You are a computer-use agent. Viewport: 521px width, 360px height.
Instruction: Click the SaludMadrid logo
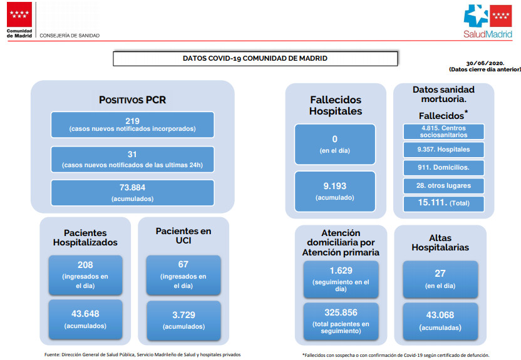point(488,21)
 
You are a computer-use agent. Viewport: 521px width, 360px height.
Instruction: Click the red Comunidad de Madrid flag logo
point(19,14)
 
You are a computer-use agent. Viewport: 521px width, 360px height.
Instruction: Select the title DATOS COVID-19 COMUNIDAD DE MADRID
point(255,58)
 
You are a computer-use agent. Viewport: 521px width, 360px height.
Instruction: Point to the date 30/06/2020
point(485,63)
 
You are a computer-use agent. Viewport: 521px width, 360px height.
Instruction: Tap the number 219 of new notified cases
point(132,121)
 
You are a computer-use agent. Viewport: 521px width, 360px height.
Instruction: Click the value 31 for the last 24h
point(132,154)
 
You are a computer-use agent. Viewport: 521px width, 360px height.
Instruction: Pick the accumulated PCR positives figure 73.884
point(132,188)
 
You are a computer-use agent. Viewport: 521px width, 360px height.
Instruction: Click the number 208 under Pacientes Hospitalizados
point(85,265)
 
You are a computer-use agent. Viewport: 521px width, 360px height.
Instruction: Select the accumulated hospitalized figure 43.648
point(85,314)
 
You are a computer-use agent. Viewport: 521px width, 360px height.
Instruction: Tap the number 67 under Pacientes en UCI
point(183,264)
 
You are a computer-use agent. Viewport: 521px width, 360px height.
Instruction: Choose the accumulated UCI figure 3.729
point(183,315)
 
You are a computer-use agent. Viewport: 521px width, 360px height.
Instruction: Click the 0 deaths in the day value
point(334,139)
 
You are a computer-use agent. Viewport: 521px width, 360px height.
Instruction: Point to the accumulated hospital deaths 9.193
point(334,186)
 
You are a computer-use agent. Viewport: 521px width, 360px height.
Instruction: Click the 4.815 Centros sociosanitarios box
point(443,131)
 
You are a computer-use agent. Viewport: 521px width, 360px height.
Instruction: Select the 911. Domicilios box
point(443,167)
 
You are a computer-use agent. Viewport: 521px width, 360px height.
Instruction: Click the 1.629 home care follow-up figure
point(341,270)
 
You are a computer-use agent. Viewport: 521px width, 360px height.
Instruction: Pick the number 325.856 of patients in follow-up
point(341,312)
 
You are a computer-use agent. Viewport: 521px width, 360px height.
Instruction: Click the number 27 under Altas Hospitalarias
point(440,274)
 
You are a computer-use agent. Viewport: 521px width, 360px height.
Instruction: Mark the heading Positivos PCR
point(132,100)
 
